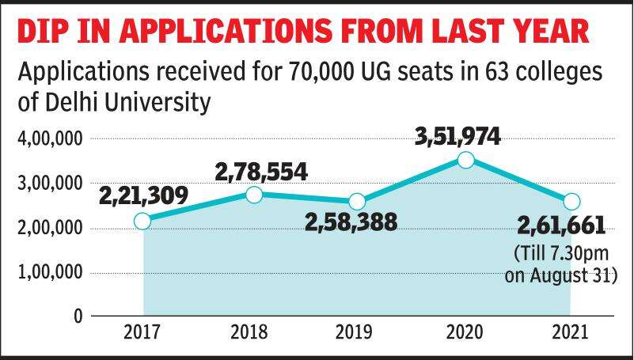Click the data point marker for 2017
tap(142, 222)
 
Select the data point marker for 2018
tap(254, 195)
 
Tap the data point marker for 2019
tap(357, 201)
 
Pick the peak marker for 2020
tap(466, 160)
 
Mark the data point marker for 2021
tap(571, 201)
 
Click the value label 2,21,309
tap(143, 193)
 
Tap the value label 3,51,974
tap(457, 135)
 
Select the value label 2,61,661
tap(560, 228)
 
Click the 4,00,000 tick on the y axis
tap(50, 140)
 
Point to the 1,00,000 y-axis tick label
tap(50, 272)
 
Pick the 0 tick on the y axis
tap(78, 316)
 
